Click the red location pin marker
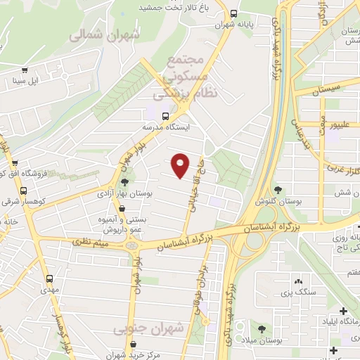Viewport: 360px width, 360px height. tap(181, 165)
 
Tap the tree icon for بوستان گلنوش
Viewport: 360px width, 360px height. tap(278, 190)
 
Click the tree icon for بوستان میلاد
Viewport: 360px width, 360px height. tap(262, 329)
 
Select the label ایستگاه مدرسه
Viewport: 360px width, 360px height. tap(165, 127)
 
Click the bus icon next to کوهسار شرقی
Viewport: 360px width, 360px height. tap(24, 191)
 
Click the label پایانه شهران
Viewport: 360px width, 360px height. tap(255, 23)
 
